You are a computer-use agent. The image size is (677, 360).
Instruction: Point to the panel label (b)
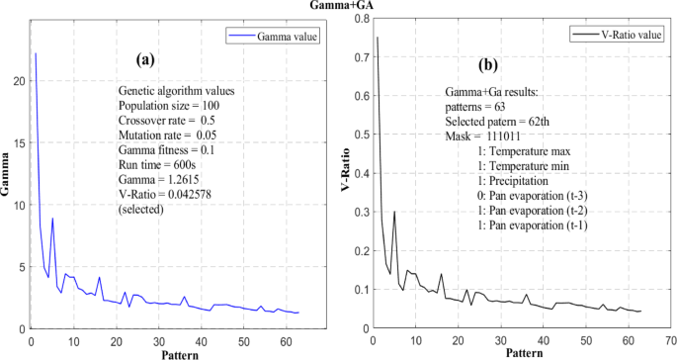488,65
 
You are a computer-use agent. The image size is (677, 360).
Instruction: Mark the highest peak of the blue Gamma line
36,53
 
